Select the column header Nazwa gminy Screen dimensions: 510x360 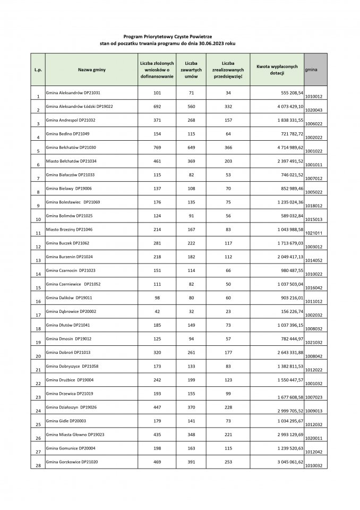91,70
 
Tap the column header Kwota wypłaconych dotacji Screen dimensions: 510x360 277,70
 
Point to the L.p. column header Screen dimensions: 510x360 38,70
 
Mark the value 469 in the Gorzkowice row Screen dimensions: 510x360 157,462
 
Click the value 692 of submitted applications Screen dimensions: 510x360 157,106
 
